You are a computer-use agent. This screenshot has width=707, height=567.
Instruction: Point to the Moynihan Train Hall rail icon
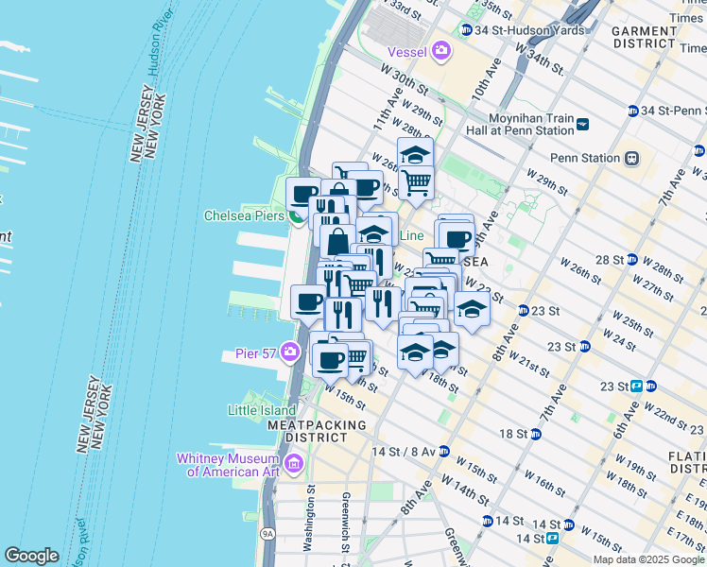[583, 124]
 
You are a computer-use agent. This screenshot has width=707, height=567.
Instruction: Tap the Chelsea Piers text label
[245, 215]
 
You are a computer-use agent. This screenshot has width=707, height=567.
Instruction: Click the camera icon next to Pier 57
[290, 353]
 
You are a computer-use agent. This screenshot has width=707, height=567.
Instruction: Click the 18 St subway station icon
[536, 434]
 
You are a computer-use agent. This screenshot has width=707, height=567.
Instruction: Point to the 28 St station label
[609, 259]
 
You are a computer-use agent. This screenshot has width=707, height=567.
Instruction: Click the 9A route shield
[268, 535]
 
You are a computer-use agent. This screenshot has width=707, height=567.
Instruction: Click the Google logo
[32, 556]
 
